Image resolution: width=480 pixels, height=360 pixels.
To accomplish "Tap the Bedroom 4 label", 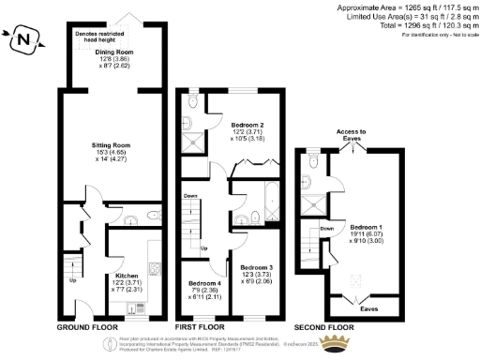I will tap(204, 283).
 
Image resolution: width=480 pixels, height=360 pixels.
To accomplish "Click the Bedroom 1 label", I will tap(367, 227).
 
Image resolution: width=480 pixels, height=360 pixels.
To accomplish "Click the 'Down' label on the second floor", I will tap(327, 228).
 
